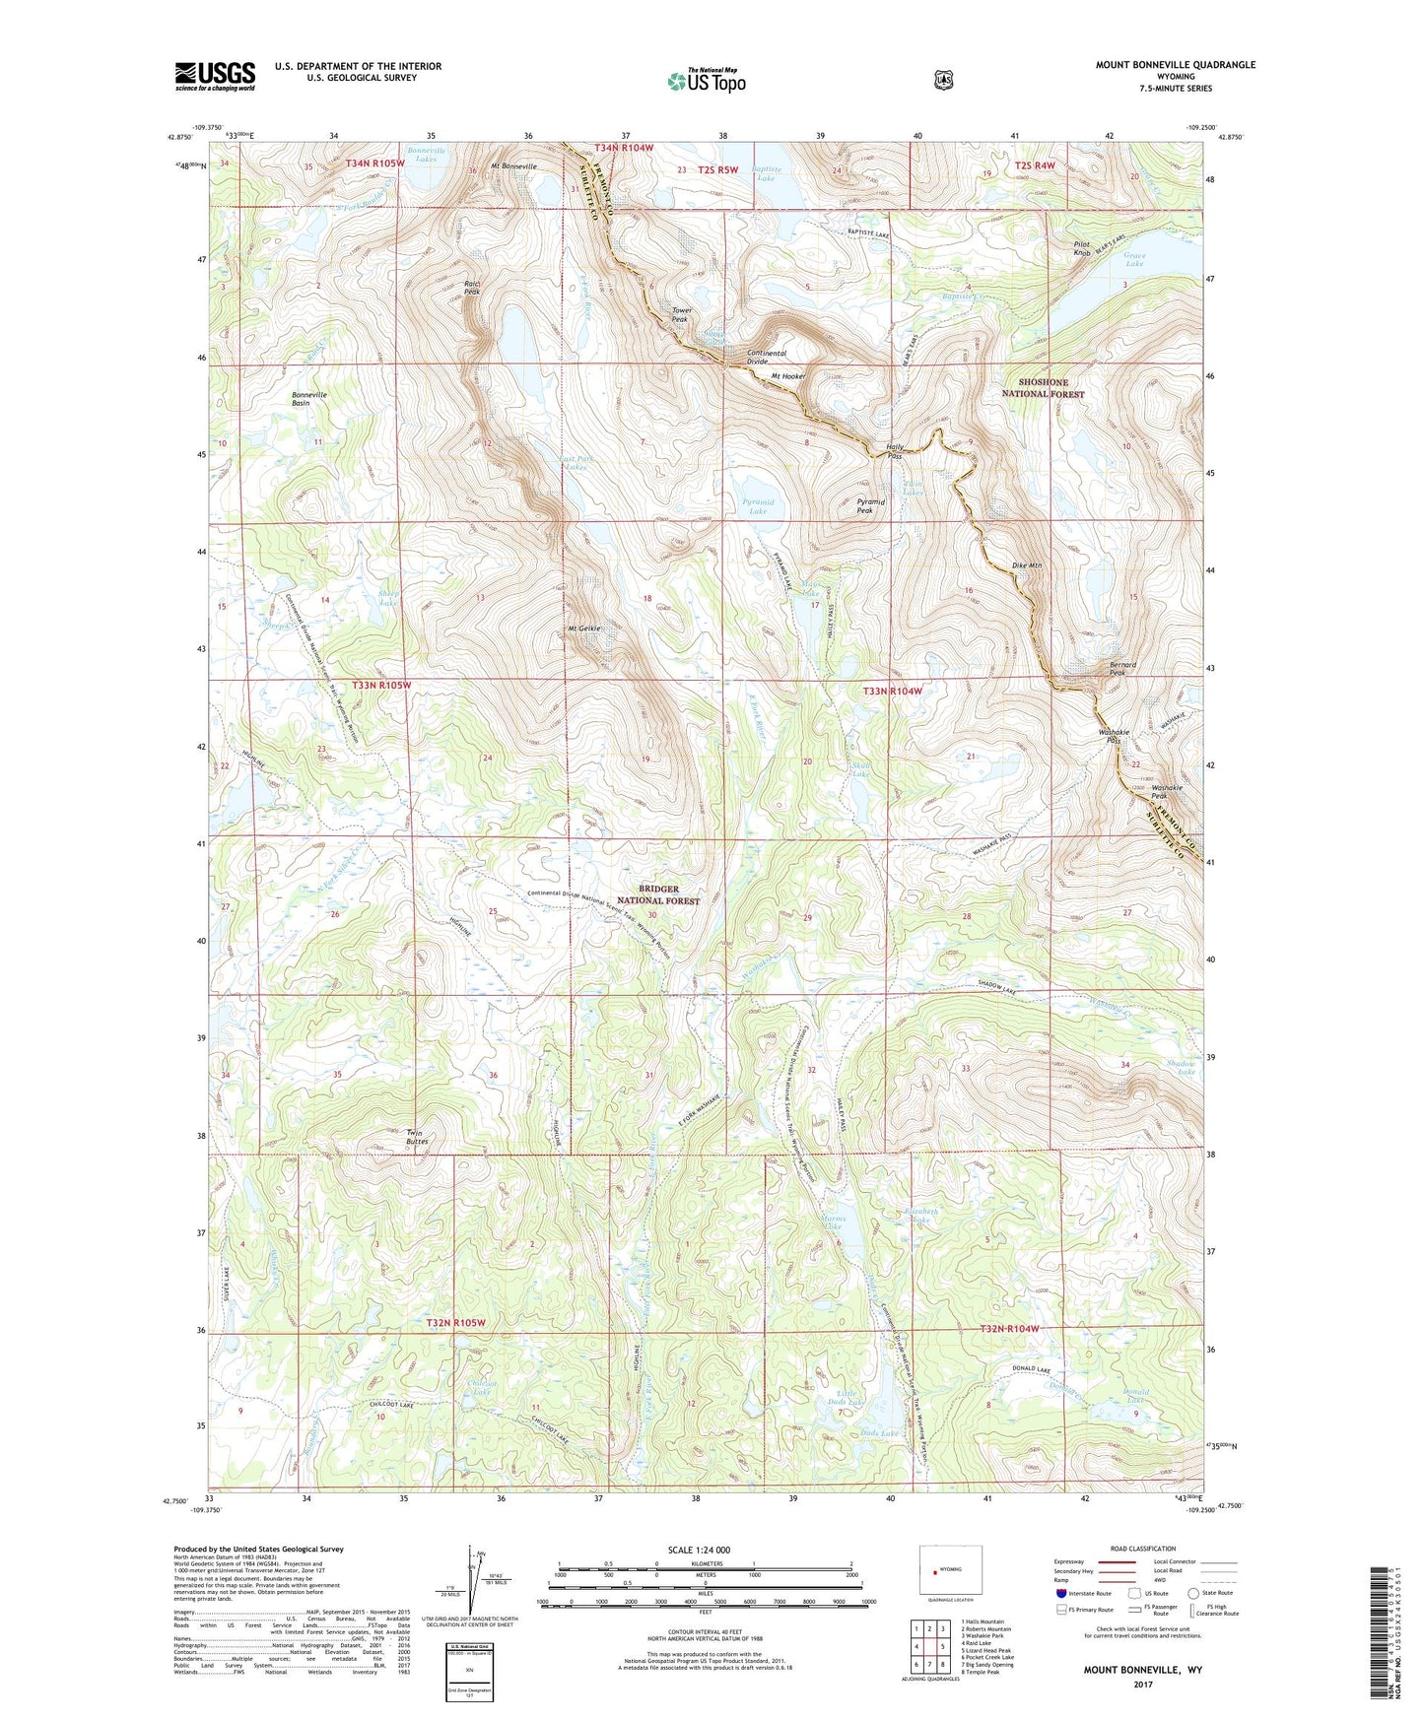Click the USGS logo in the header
(x=215, y=76)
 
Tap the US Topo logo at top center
(x=705, y=81)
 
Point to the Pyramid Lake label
(x=757, y=506)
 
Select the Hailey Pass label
(x=895, y=451)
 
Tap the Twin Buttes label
(x=417, y=1137)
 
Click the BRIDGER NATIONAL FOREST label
(x=658, y=894)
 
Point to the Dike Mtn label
(x=1027, y=565)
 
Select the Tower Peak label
(x=682, y=314)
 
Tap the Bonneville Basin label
(x=308, y=399)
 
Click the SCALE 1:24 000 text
(x=699, y=1550)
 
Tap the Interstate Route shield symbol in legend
(x=1060, y=1593)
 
